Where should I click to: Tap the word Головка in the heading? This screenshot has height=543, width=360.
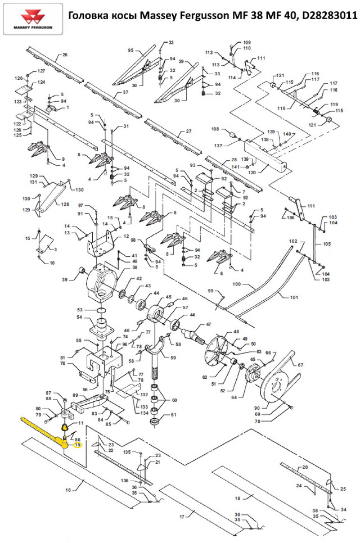point(89,17)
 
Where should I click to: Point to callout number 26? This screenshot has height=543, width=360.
point(64,55)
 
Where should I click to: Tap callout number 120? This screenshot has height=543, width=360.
point(252,172)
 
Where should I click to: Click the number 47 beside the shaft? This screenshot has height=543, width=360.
point(208,324)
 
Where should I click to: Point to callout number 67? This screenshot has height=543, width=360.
point(300,364)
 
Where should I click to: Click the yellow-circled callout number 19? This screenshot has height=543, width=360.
point(78,445)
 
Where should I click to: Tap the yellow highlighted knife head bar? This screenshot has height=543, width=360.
point(42,430)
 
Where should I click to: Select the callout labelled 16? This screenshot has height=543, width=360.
point(69,490)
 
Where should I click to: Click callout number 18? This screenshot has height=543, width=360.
point(237,498)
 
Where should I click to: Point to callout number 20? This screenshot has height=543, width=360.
point(304,467)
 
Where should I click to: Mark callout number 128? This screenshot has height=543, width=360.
point(65,204)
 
